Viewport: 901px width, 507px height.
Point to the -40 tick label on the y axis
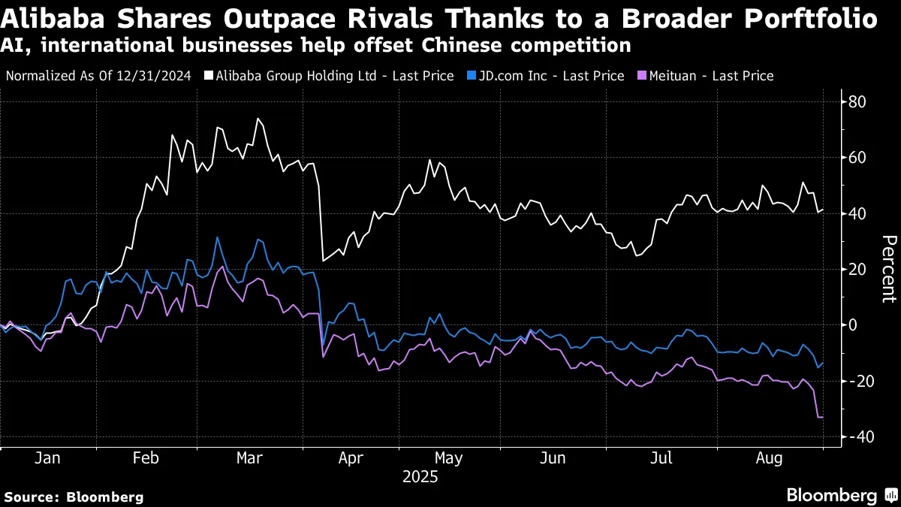(858, 437)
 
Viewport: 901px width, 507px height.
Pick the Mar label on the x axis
(249, 458)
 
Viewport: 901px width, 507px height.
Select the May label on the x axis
(449, 458)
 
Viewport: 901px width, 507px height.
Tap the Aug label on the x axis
(770, 458)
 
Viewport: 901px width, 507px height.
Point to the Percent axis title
(888, 269)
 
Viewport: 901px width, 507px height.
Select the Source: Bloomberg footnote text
(74, 496)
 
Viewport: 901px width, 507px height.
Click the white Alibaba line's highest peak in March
(258, 119)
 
